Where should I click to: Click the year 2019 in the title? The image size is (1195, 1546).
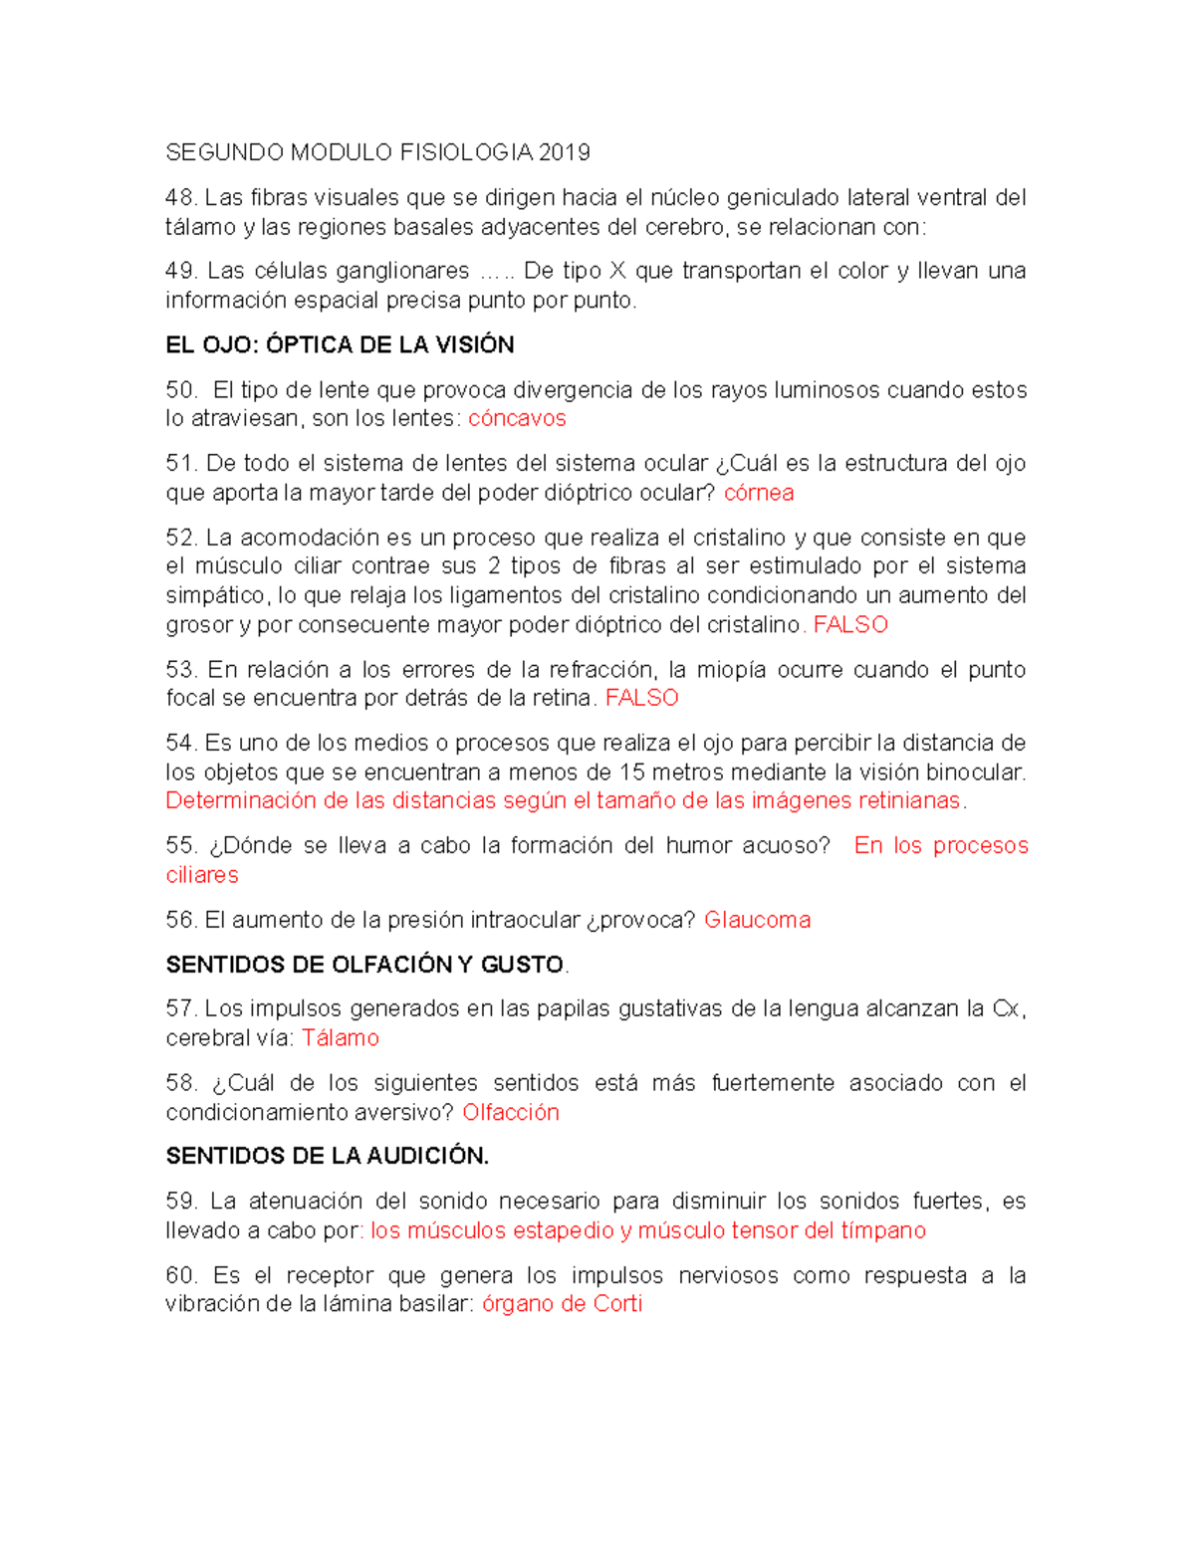click(564, 152)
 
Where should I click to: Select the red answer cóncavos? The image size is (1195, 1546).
click(517, 418)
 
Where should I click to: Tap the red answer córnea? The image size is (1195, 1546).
click(758, 493)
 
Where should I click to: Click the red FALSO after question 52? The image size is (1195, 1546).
click(850, 624)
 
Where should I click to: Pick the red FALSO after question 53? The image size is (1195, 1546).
click(641, 698)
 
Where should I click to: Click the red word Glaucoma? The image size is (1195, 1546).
click(757, 920)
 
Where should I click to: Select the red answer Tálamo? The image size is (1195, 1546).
click(340, 1037)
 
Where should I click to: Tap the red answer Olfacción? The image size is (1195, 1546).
click(510, 1112)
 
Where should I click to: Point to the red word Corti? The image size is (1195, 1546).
click(617, 1304)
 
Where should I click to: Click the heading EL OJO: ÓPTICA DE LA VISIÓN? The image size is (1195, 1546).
click(340, 344)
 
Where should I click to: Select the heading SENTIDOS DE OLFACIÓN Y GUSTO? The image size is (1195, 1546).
click(364, 965)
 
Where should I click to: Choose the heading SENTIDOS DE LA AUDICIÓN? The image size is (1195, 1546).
click(327, 1156)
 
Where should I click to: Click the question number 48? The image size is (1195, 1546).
click(180, 198)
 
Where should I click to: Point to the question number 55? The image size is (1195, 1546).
click(180, 845)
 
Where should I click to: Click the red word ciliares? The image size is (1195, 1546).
click(202, 875)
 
